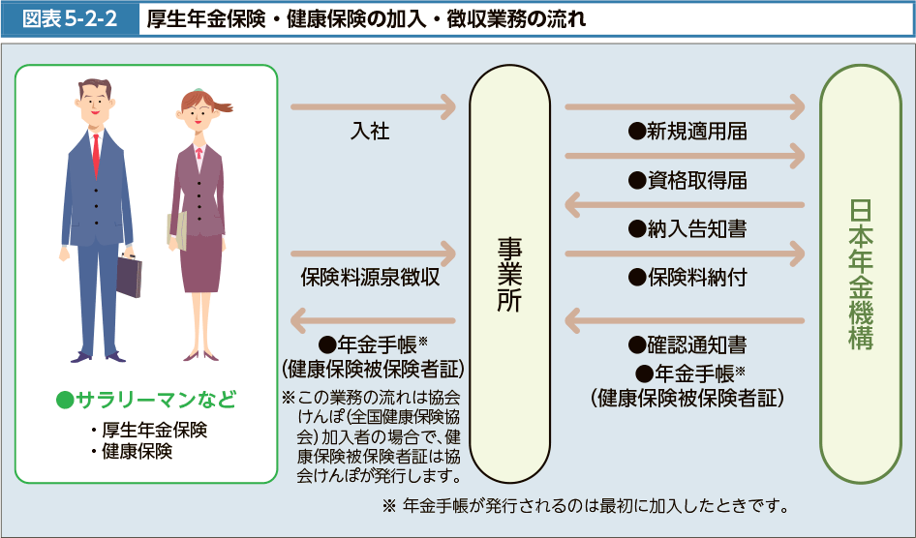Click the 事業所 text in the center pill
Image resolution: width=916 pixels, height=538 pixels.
click(x=509, y=276)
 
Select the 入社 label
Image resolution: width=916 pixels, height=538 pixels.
click(x=370, y=132)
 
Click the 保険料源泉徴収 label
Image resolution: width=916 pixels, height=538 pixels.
click(x=370, y=277)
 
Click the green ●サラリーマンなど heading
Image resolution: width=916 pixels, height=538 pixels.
click(x=146, y=400)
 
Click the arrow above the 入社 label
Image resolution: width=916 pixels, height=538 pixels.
click(x=373, y=106)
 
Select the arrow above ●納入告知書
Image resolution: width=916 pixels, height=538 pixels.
click(x=684, y=204)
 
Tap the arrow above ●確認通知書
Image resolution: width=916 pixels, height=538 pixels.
click(x=684, y=318)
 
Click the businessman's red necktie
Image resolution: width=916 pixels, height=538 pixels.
click(x=96, y=150)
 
